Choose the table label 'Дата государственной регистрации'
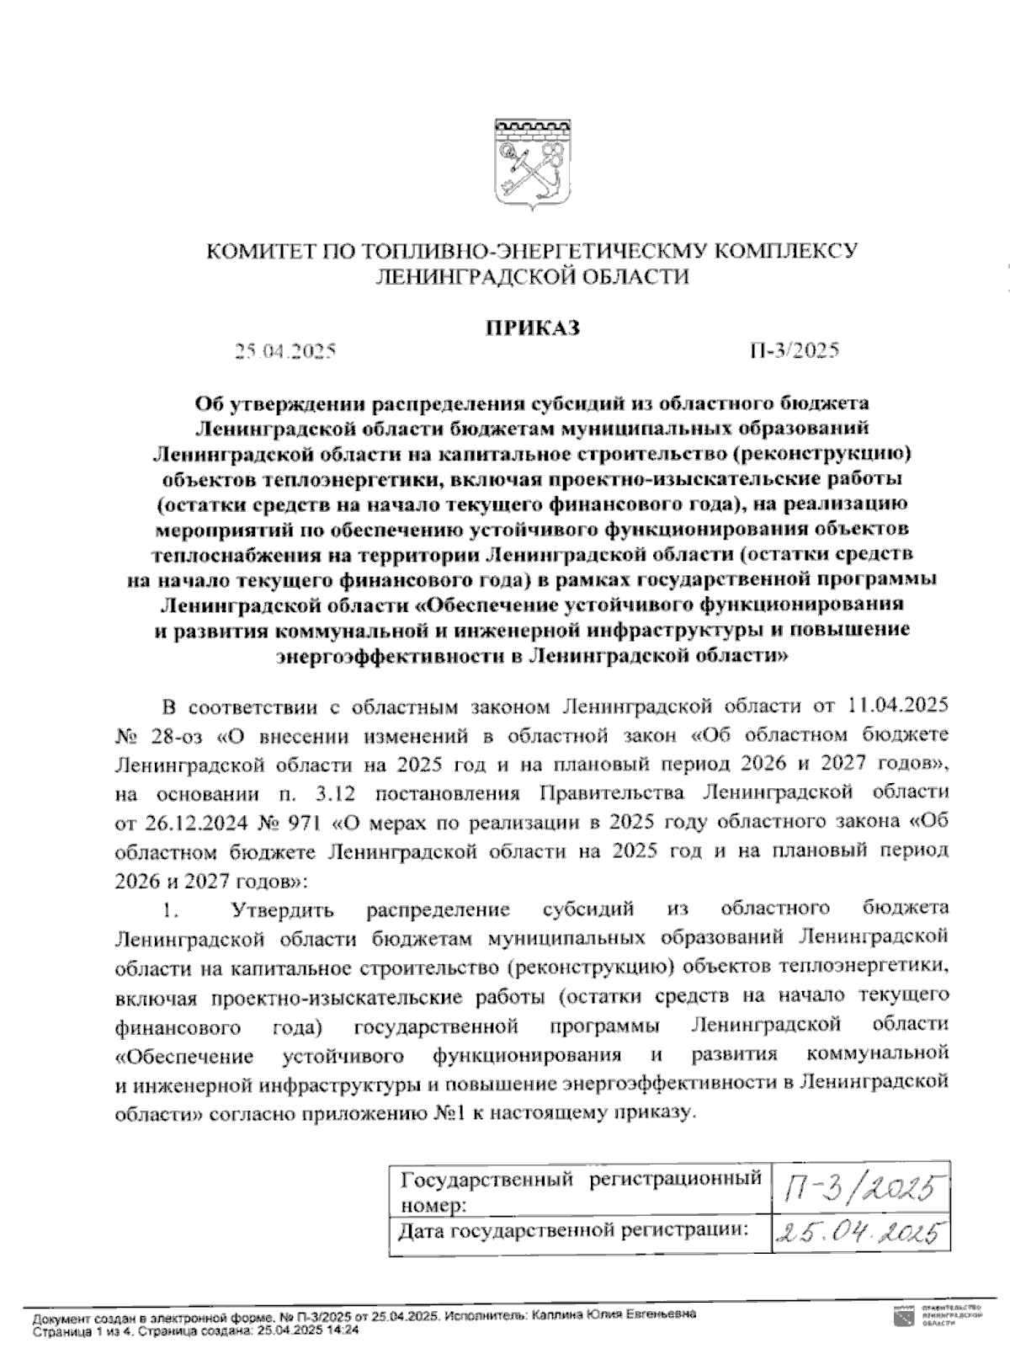coord(573,1231)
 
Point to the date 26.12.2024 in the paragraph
coord(186,822)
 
